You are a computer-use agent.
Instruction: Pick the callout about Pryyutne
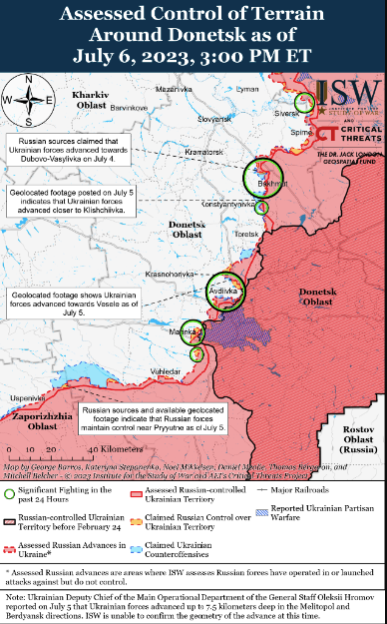click(154, 419)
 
